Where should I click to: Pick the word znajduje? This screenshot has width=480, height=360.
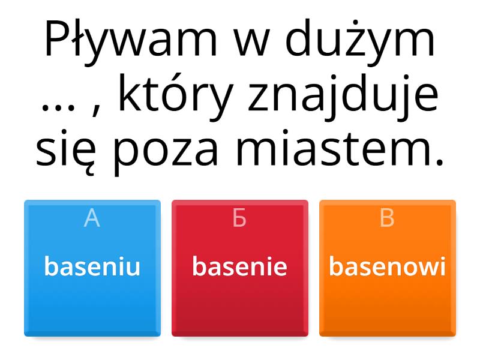pyautogui.click(x=343, y=95)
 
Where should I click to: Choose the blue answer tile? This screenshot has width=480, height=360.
pyautogui.click(x=92, y=268)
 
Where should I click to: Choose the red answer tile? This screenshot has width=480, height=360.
pyautogui.click(x=240, y=268)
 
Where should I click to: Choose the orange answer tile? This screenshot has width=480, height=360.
pyautogui.click(x=388, y=268)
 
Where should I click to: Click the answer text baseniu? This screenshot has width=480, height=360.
pyautogui.click(x=92, y=266)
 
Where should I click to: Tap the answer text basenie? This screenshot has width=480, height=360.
pyautogui.click(x=239, y=266)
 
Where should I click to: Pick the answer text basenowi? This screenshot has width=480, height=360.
pyautogui.click(x=387, y=266)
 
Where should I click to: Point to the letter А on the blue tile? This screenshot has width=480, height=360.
pyautogui.click(x=92, y=218)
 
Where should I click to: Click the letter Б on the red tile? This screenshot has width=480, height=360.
pyautogui.click(x=239, y=218)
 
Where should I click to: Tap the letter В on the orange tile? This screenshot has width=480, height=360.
pyautogui.click(x=387, y=218)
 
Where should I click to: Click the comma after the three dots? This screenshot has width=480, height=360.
pyautogui.click(x=97, y=110)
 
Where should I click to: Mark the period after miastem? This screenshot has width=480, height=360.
pyautogui.click(x=440, y=161)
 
